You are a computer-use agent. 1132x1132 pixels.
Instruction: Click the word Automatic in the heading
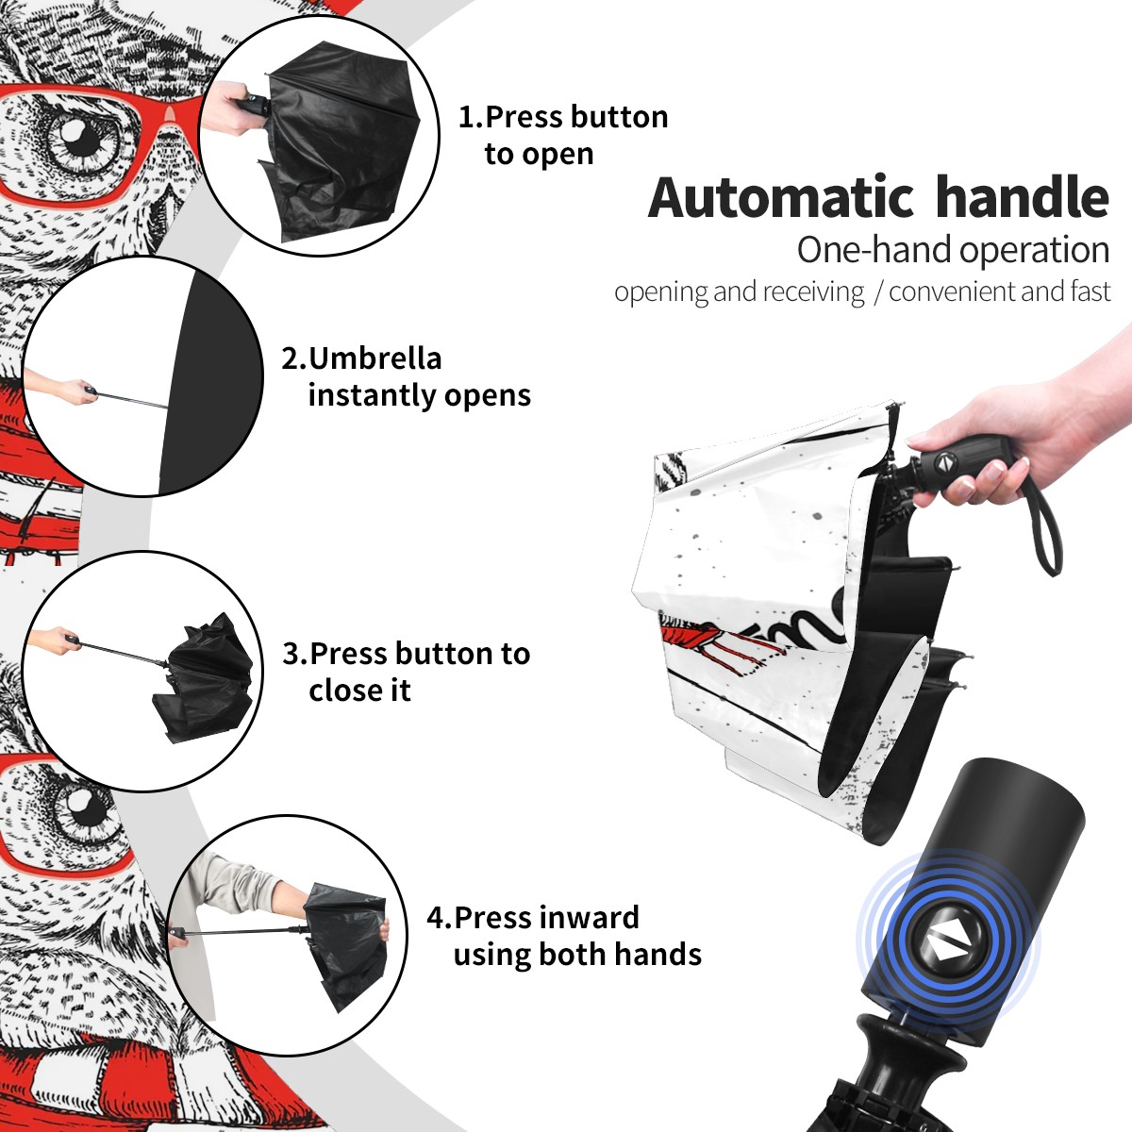(781, 198)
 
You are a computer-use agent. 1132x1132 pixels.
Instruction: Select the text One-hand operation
(953, 251)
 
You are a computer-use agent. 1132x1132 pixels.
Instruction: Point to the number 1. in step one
(471, 117)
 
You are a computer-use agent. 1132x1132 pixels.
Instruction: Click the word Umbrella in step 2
(375, 358)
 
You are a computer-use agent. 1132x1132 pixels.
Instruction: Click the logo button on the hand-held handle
(945, 463)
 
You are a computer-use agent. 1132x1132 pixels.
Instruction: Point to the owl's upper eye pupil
(86, 141)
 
